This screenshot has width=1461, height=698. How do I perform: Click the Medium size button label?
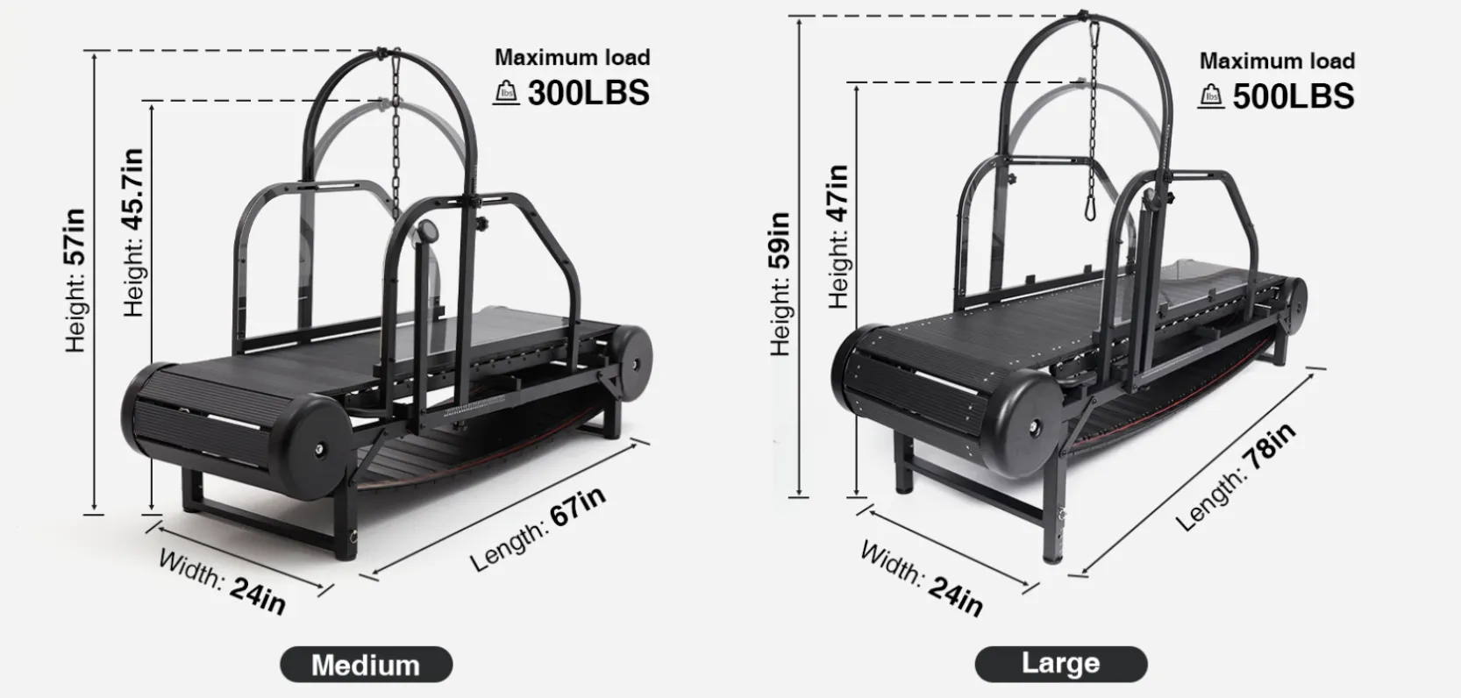pyautogui.click(x=366, y=665)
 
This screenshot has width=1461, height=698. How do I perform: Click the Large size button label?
pyautogui.click(x=1061, y=664)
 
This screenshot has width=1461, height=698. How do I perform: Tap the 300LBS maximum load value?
pyautogui.click(x=588, y=93)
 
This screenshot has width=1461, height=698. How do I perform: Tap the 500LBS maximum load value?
pyautogui.click(x=1294, y=96)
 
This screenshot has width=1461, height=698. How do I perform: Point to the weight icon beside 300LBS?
pyautogui.click(x=505, y=92)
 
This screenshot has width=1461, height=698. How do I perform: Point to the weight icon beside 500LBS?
pyautogui.click(x=1210, y=96)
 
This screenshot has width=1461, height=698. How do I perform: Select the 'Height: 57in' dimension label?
pyautogui.click(x=75, y=281)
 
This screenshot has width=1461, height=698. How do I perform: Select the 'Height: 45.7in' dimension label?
pyautogui.click(x=133, y=233)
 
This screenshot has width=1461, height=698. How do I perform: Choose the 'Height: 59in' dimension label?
pyautogui.click(x=780, y=284)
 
